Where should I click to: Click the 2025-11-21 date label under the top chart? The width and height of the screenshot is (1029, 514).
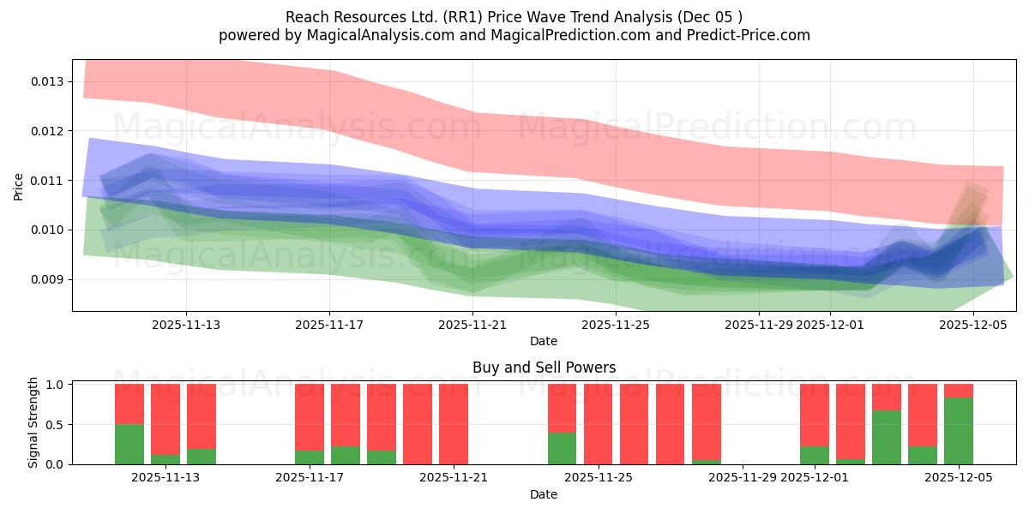(x=472, y=325)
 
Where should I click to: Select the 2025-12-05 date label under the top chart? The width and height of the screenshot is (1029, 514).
(x=973, y=325)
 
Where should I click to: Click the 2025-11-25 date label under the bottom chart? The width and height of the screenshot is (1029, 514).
(x=599, y=478)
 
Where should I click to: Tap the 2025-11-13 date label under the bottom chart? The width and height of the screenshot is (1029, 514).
(x=165, y=478)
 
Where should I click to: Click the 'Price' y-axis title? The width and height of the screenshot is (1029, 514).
(x=19, y=186)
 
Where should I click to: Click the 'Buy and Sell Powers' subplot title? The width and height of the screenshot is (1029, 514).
(x=544, y=368)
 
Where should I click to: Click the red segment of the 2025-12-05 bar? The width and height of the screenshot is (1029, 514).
(x=959, y=391)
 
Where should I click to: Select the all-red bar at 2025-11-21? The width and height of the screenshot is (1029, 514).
(x=454, y=424)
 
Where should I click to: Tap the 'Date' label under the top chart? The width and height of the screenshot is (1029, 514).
(x=544, y=341)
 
